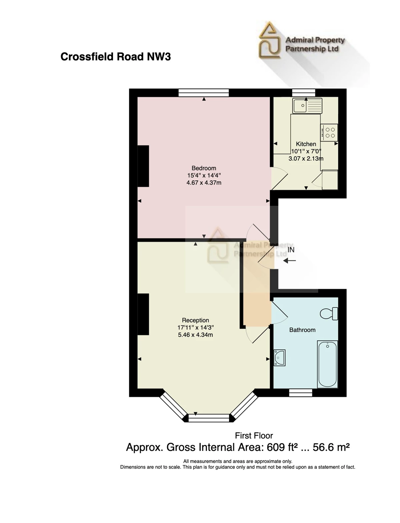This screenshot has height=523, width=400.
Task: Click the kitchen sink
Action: (x=307, y=105)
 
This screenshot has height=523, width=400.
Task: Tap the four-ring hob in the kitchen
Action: (x=329, y=133)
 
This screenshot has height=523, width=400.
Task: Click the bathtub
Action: (x=328, y=364)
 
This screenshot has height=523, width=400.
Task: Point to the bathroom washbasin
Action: (x=279, y=358)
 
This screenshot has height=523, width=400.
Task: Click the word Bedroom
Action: (x=204, y=168)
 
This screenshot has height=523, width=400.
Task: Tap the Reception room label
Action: (x=195, y=320)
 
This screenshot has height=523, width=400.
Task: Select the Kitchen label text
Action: (x=306, y=144)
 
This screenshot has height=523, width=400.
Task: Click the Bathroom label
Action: (x=302, y=330)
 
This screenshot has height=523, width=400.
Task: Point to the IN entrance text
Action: (x=291, y=250)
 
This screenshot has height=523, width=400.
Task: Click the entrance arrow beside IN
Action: (x=290, y=261)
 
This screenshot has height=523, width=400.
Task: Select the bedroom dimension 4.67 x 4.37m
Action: (x=204, y=183)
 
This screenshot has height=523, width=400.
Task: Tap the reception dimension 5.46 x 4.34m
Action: (x=195, y=335)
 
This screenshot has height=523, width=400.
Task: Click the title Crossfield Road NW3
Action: (x=116, y=57)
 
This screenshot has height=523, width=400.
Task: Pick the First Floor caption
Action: (x=254, y=436)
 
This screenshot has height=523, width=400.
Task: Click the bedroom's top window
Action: (x=204, y=93)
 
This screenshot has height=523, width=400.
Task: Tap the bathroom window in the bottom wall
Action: (x=301, y=393)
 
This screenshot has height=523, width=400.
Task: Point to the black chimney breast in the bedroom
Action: (x=143, y=166)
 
